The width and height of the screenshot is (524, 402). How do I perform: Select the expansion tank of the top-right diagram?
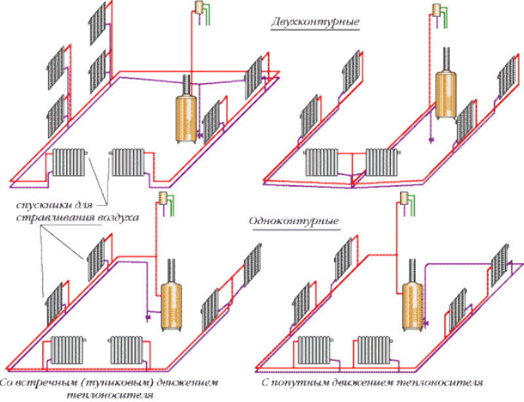point(435,10)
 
